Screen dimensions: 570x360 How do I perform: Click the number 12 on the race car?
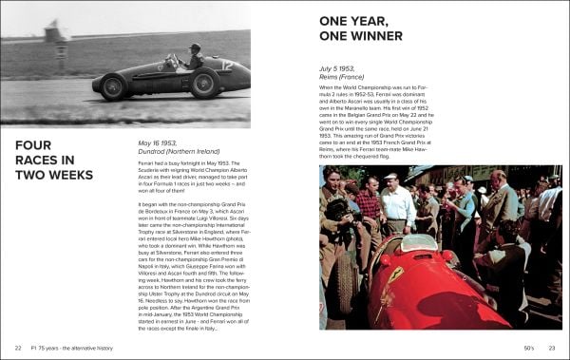point(228,67)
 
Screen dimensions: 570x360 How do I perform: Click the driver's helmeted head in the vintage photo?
point(196,48)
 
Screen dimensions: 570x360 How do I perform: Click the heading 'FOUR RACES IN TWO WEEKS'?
point(55,161)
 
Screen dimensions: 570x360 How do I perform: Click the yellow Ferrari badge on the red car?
point(396,274)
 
